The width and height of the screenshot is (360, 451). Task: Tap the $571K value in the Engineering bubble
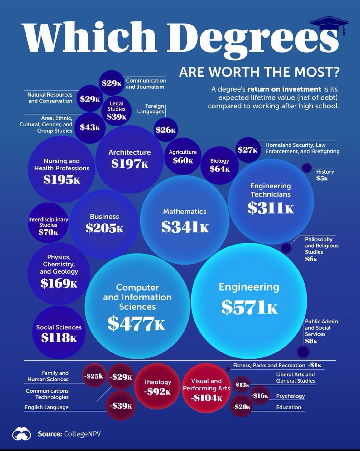250,307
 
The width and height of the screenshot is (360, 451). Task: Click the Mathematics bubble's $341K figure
185,226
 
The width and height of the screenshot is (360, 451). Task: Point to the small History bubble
306,168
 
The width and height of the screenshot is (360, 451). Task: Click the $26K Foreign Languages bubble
165,130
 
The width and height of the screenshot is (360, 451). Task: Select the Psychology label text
290,396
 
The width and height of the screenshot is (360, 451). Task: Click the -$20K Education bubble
241,407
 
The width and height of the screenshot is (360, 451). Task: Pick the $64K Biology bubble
220,165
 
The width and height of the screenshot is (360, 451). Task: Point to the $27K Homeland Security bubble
248,150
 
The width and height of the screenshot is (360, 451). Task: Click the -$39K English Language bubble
120,406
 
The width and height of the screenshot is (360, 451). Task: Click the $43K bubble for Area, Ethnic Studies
90,127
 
